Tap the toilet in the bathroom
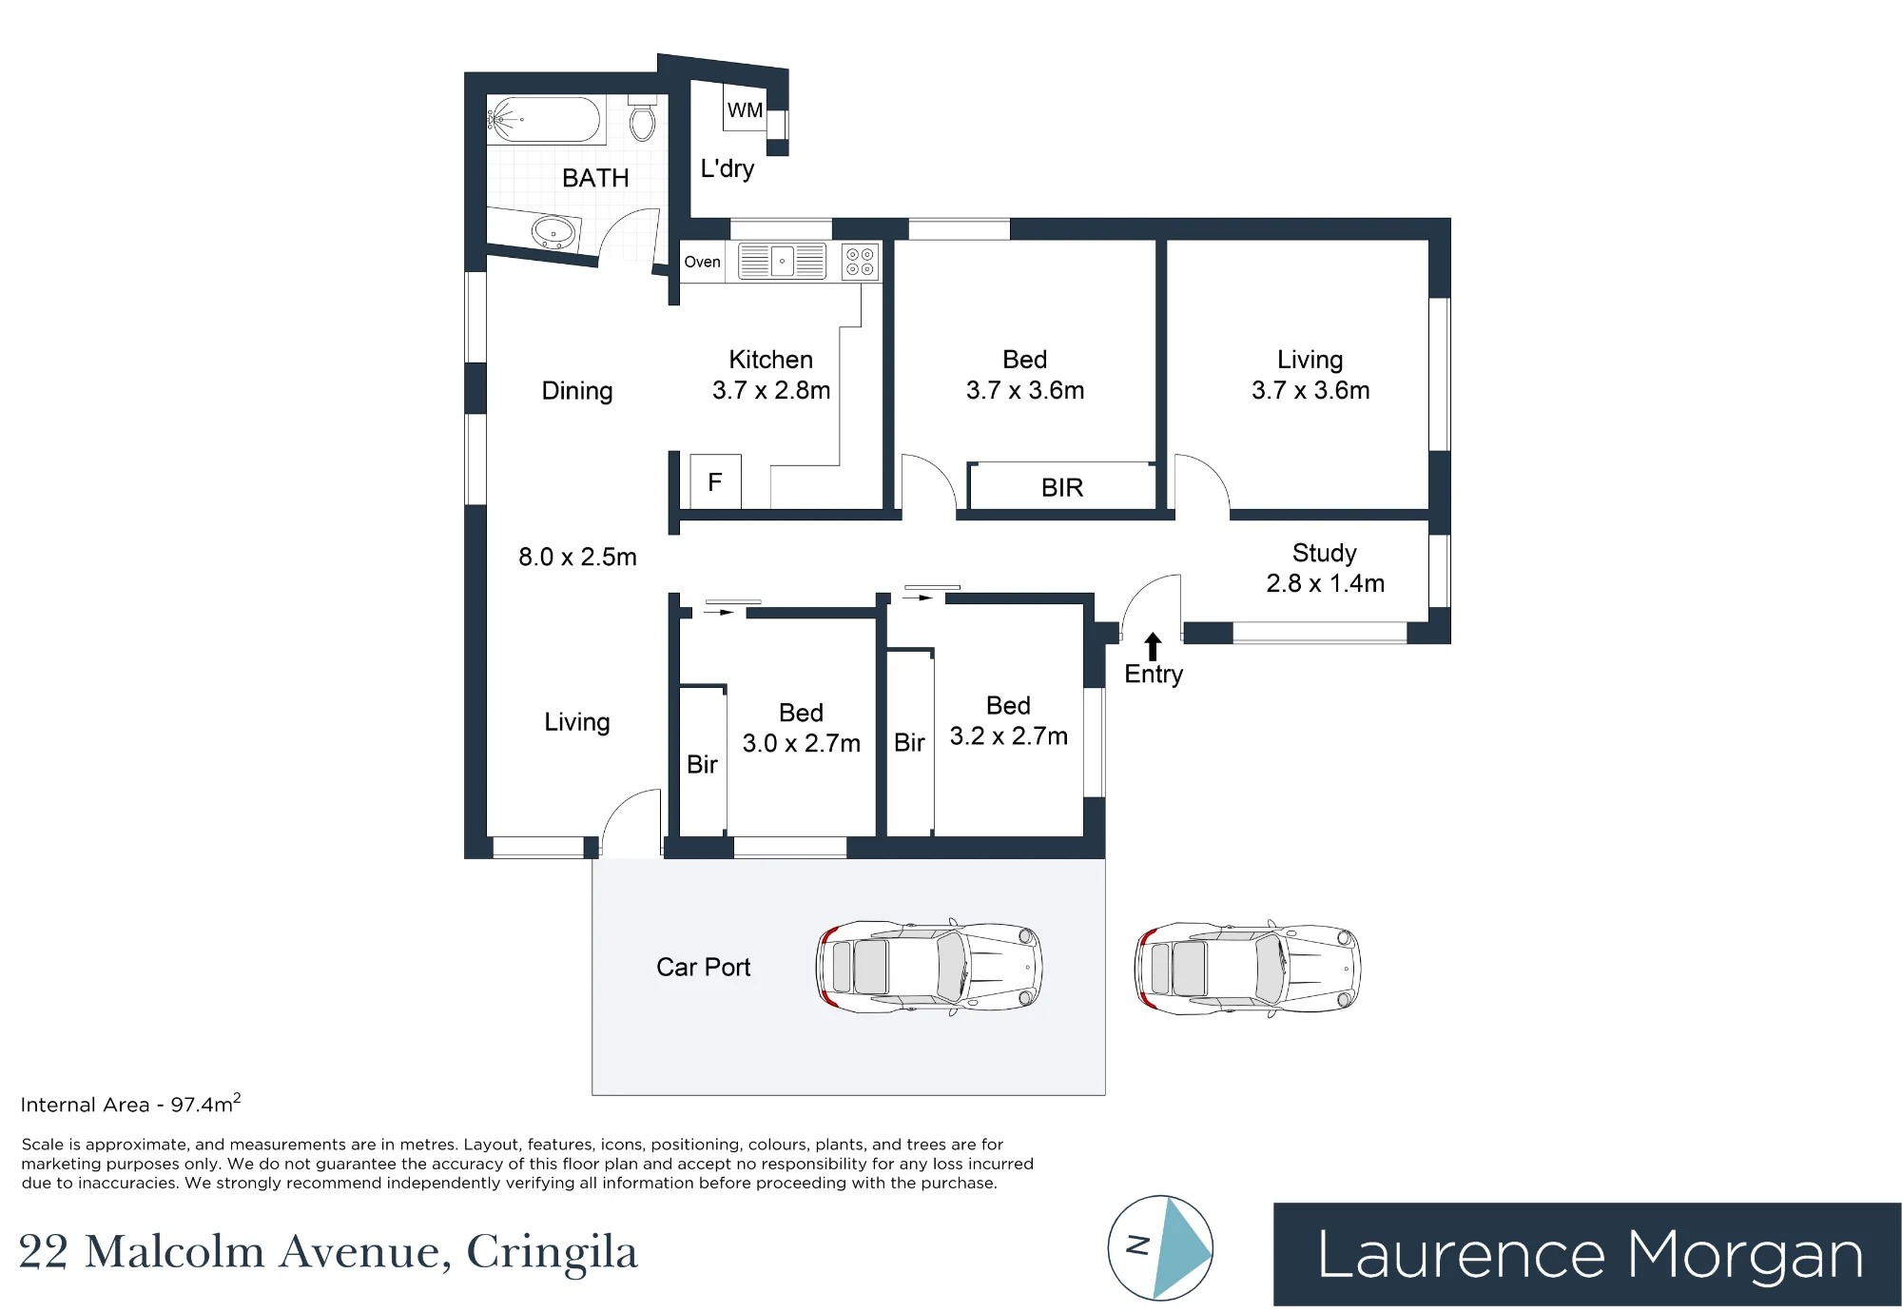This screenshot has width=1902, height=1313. click(x=643, y=118)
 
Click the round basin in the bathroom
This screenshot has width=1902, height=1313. click(x=553, y=231)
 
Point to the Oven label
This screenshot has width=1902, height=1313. click(x=702, y=262)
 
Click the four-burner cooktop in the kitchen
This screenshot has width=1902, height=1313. click(x=860, y=262)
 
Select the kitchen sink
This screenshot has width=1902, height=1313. click(x=782, y=261)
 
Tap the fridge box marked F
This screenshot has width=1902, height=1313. click(x=715, y=481)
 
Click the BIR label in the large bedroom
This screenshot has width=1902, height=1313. click(x=1062, y=487)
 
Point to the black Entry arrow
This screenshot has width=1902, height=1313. click(x=1153, y=646)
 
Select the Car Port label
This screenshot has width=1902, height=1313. click(x=703, y=967)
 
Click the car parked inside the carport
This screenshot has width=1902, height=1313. click(x=929, y=967)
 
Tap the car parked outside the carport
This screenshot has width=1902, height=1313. click(x=1247, y=969)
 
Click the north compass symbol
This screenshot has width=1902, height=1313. click(x=1160, y=1247)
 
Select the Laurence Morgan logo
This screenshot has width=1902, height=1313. click(x=1586, y=1254)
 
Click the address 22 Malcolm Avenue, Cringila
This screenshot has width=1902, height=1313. click(x=328, y=1252)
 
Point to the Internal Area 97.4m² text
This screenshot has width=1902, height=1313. click(x=130, y=1104)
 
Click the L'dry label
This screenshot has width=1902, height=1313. click(x=727, y=168)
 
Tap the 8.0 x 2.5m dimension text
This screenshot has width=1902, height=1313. click(x=577, y=557)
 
